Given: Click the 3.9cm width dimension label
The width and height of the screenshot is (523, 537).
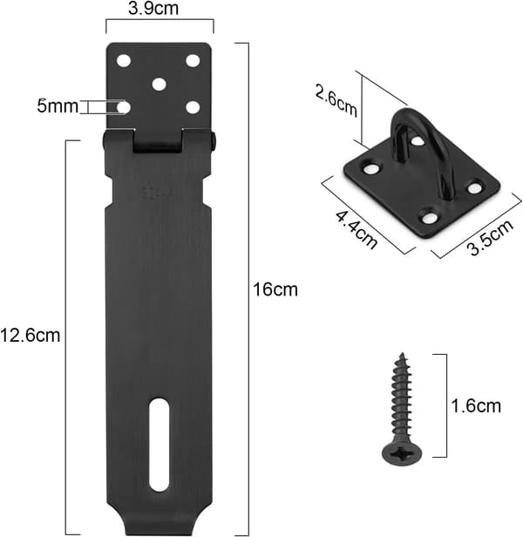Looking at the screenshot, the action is coord(153,9).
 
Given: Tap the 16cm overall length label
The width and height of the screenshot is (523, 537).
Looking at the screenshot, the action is coord(275,289).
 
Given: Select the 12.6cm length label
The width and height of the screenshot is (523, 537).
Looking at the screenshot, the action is coord(31,335).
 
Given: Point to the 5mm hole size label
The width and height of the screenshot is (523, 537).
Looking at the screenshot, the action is coord(58,106).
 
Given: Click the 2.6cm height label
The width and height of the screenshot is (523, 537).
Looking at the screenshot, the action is coord(336,102).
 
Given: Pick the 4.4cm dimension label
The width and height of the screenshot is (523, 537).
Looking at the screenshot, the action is coord(357,230).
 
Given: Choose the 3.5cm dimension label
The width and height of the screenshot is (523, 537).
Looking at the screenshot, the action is coord(491,236).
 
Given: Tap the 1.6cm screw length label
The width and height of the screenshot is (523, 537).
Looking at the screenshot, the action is coord(476,406).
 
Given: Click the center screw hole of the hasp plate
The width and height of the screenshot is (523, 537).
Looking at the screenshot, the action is coord(159,85).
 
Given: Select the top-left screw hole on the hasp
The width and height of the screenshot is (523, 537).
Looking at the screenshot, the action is coord(124,61).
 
